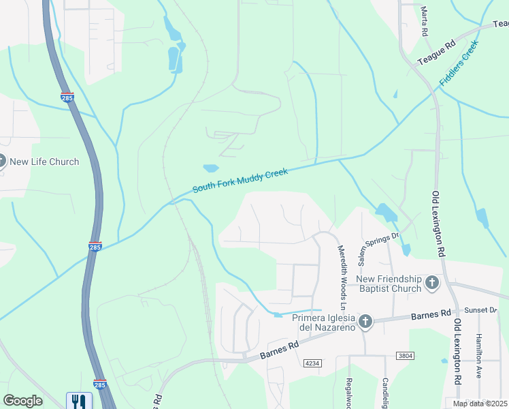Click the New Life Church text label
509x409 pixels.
click(44, 162)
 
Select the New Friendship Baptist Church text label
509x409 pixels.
click(389, 284)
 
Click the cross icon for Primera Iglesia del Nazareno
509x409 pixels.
click(365, 321)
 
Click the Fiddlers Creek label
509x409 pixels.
click(459, 63)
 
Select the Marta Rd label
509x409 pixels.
click(424, 22)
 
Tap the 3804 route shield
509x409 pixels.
click(405, 356)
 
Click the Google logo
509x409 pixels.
click(23, 401)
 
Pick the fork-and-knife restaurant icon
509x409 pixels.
click(80, 402)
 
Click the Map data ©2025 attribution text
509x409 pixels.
click(480, 404)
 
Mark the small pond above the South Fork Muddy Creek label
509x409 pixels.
click(211, 168)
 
